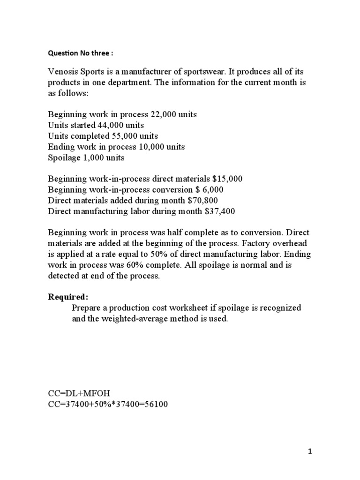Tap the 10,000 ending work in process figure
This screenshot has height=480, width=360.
(151, 147)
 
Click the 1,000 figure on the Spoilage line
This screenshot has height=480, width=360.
(90, 157)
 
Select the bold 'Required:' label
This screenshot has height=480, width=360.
(68, 298)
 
